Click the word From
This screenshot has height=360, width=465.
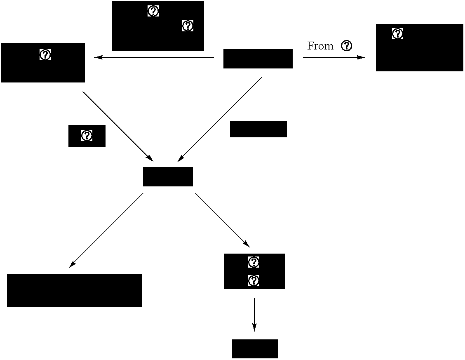pos(320,46)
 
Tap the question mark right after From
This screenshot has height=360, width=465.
pos(347,46)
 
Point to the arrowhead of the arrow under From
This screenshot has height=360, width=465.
pos(362,57)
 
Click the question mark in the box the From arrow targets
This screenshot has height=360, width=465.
pos(397,34)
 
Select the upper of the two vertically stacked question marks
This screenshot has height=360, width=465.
pos(254,262)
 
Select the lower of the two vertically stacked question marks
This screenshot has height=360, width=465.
pos(254,281)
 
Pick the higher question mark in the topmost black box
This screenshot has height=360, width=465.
pos(153,11)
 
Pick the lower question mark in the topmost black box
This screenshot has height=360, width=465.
pos(188,26)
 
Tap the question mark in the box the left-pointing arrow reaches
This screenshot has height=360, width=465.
pos(45,54)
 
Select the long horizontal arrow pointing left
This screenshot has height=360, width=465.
pos(154,57)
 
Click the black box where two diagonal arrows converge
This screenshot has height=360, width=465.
pos(168,176)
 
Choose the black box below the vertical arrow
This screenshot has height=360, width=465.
pos(255,349)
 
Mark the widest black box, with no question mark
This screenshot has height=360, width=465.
pos(74,290)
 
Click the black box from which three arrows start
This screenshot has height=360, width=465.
pos(258,59)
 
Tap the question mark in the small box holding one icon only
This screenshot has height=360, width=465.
pos(87,135)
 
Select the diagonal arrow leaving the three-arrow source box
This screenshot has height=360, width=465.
pos(220,119)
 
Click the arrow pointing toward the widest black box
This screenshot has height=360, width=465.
pos(106,231)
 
